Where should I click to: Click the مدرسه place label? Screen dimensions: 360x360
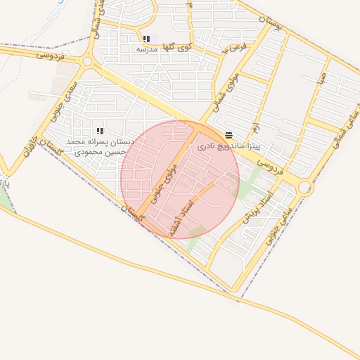(x=146, y=49)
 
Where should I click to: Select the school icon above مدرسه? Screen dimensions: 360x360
(x=146, y=39)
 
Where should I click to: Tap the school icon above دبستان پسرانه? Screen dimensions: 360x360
(x=99, y=131)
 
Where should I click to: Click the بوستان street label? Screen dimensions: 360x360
(x=268, y=26)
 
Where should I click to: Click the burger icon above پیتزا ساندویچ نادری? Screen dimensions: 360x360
(x=229, y=135)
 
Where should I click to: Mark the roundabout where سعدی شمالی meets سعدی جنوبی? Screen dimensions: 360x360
(x=87, y=62)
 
